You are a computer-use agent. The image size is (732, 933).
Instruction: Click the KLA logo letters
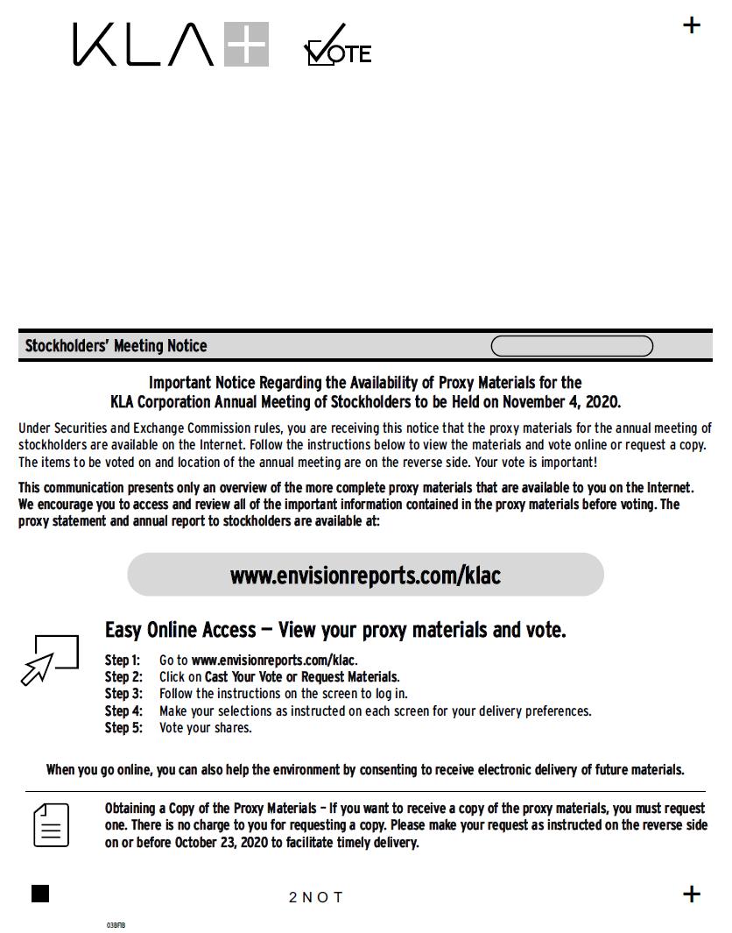point(143,45)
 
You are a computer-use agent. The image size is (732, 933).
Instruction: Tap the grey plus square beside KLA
point(246,45)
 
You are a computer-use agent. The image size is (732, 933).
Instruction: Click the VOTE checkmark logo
point(338,47)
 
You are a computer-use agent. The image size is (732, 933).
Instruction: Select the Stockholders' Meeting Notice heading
point(116,346)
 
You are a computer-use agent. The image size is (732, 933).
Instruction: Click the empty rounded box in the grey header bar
point(572,347)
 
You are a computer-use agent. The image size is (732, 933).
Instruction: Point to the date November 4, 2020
point(560,402)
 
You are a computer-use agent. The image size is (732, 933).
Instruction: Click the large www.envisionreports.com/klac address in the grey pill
point(365,576)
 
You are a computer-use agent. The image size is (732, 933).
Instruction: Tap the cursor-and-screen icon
point(49,659)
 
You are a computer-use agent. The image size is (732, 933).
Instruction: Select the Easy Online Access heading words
point(180,630)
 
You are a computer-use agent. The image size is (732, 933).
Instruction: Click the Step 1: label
point(123,661)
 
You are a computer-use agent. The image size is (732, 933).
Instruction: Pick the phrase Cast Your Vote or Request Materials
point(301,677)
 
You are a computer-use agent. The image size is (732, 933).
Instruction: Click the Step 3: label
point(123,694)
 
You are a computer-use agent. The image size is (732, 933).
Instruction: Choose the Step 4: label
point(123,711)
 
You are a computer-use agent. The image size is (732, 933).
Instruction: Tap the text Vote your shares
point(205,728)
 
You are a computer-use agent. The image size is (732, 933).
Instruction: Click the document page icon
point(51,825)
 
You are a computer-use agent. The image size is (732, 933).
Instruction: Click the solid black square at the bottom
point(40,894)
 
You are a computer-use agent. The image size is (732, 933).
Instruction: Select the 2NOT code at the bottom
point(316,897)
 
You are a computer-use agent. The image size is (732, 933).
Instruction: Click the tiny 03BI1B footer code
point(116,925)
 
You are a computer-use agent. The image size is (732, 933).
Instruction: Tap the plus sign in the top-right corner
point(692,25)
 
